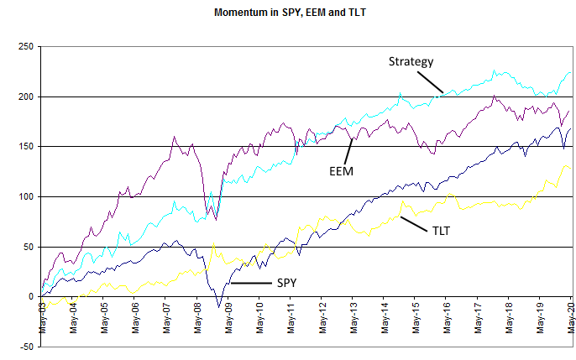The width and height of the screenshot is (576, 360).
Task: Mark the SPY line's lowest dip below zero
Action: [x=219, y=306]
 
